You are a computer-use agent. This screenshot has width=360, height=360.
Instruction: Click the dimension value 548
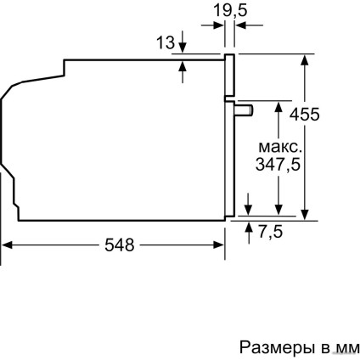tap(118, 245)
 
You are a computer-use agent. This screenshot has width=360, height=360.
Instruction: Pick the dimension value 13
tap(167, 42)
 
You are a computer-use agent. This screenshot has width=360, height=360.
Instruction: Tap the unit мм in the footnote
tap(346, 346)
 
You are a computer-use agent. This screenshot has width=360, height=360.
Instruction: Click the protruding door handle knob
tap(245, 110)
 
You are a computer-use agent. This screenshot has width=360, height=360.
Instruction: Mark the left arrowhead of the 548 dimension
tap(8, 245)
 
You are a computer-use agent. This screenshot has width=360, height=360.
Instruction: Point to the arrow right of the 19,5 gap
tap(239, 25)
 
